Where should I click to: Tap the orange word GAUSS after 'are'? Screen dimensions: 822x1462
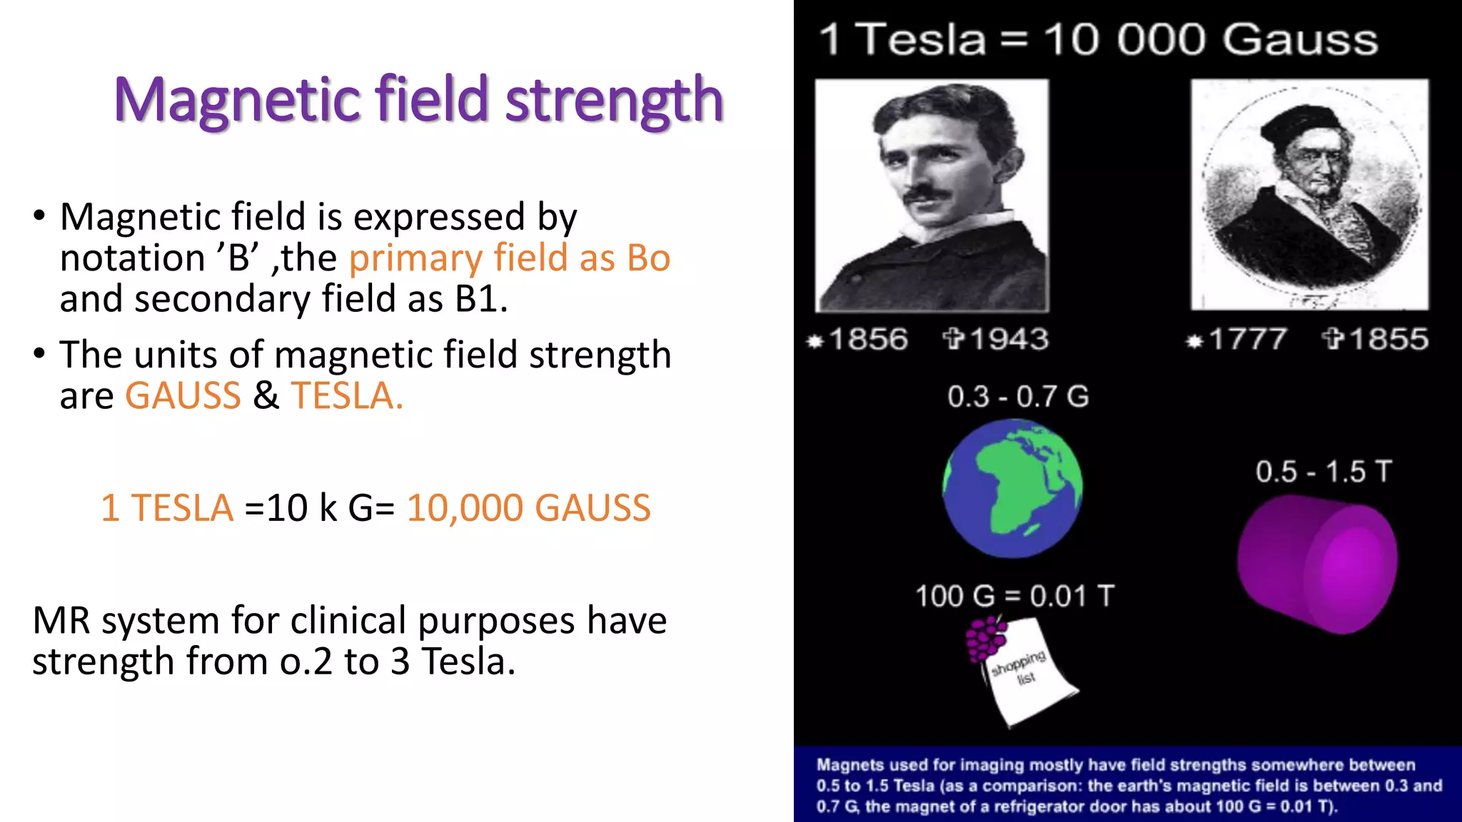[183, 396]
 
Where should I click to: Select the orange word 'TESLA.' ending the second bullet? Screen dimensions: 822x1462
[347, 396]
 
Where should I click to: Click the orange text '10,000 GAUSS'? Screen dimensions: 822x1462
[528, 508]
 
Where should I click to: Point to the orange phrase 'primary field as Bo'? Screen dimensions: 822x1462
[509, 258]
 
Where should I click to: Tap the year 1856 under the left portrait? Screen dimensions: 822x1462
[868, 339]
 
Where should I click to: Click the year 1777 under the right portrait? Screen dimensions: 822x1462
[1248, 339]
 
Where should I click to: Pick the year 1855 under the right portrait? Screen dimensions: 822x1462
[1388, 339]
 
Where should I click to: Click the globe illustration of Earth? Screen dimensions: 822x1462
[1012, 488]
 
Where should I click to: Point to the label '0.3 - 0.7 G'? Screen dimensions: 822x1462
[1018, 397]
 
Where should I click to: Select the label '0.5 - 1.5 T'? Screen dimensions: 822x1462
[1324, 472]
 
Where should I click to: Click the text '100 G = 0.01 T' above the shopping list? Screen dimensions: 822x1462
[1014, 596]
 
